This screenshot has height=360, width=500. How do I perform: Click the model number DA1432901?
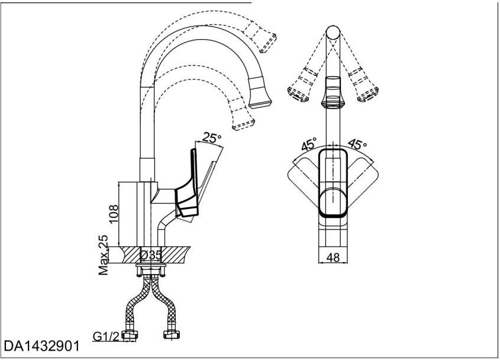pyautogui.click(x=41, y=346)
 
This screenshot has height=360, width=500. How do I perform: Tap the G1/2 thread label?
pyautogui.click(x=107, y=336)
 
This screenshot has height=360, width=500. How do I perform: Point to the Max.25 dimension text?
pyautogui.click(x=104, y=255)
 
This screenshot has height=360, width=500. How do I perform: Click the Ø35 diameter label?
pyautogui.click(x=151, y=255)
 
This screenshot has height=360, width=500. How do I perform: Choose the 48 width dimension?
pyautogui.click(x=333, y=257)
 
